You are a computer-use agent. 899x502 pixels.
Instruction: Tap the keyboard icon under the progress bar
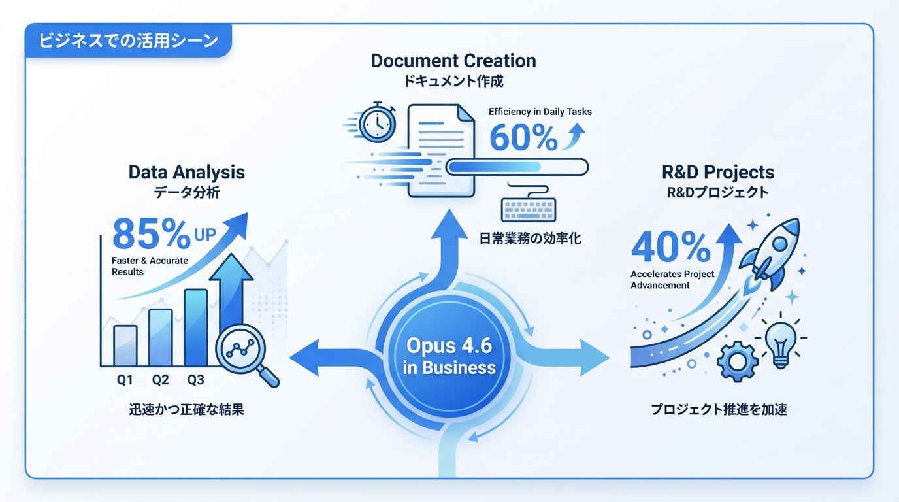[x=529, y=209]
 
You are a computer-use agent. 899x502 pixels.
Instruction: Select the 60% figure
[x=523, y=137]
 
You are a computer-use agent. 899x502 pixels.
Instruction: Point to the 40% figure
[x=670, y=248]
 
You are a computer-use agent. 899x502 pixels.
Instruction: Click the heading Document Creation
[x=453, y=61]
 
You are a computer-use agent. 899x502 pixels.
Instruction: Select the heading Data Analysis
[x=187, y=173]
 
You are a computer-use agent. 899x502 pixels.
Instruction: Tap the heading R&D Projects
[x=718, y=173]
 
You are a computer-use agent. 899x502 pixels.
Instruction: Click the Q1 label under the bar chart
[x=125, y=380]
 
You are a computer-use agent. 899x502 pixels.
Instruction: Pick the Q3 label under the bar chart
[x=195, y=380]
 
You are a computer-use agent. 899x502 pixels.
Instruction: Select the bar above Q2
[x=160, y=337]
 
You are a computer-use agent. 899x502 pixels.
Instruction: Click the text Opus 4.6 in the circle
[x=449, y=345]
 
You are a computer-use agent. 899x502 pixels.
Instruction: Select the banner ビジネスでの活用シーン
[x=128, y=41]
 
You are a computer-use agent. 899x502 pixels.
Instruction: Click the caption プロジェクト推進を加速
[x=719, y=410]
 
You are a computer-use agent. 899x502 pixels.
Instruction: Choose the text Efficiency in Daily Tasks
[x=540, y=112]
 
